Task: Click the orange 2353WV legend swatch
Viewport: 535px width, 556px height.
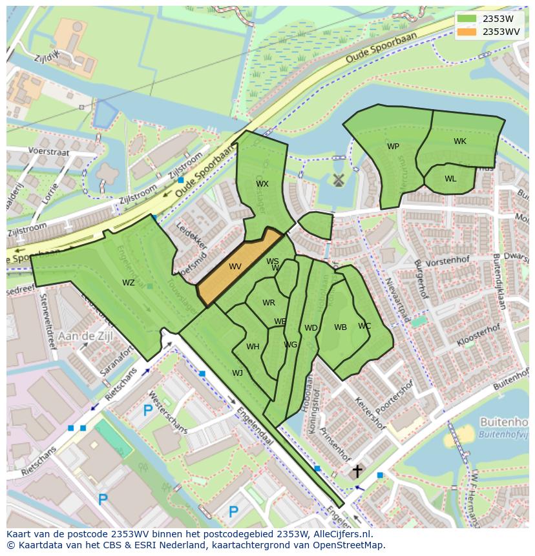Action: click(x=467, y=32)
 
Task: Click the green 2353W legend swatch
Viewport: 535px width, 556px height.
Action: click(x=467, y=19)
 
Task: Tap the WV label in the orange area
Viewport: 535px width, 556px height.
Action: click(x=235, y=266)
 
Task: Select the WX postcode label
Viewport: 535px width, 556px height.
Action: click(x=262, y=184)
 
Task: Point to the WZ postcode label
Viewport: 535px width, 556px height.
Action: click(x=129, y=282)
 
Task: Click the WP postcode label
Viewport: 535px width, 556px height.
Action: click(x=393, y=147)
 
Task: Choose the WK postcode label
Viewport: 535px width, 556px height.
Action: click(x=459, y=141)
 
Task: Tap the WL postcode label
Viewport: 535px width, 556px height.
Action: click(x=450, y=179)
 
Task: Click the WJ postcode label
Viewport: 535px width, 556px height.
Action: click(x=238, y=373)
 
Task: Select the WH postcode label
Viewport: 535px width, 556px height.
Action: click(x=253, y=347)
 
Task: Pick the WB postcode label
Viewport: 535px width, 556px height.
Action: click(x=341, y=327)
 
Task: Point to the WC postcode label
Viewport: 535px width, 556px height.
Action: click(x=364, y=326)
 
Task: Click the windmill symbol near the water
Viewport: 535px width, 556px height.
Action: click(x=337, y=180)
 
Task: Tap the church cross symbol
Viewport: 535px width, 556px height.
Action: click(x=357, y=471)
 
